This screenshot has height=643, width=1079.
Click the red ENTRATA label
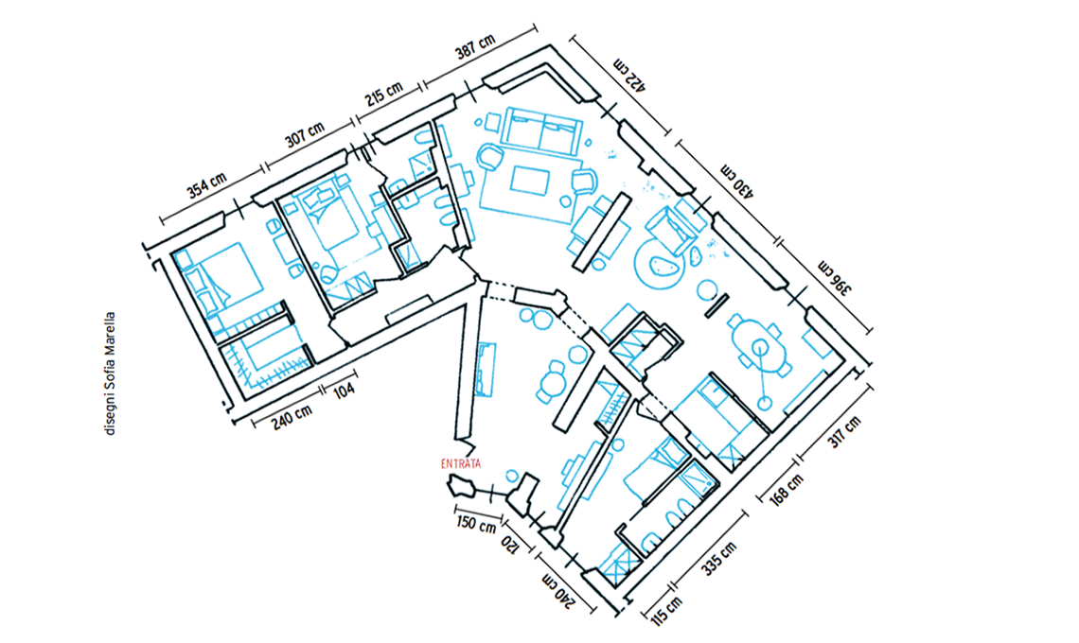461,464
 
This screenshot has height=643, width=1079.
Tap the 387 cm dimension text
475,46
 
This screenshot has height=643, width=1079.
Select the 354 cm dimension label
206,185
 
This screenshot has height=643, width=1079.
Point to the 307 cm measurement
304,135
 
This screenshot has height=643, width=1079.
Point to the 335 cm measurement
719,558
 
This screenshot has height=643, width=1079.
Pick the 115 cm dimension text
666,611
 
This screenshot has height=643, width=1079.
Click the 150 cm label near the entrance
476,524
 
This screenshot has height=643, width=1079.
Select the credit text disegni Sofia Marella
110,374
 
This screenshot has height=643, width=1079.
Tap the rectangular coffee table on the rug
530,181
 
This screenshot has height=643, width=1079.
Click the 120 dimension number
508,545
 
